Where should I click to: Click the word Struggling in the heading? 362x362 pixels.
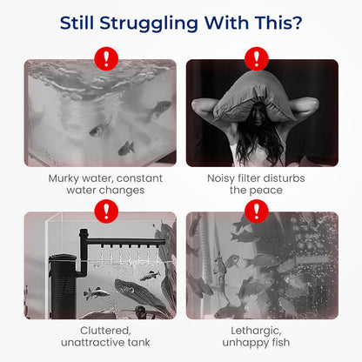point(149,23)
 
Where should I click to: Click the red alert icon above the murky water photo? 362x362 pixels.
point(106,59)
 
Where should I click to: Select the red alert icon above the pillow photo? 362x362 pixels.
point(257,59)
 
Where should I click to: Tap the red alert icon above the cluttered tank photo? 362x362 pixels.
point(106,211)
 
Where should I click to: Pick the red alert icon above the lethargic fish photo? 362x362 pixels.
point(257,211)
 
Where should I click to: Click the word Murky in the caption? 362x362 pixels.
point(64,178)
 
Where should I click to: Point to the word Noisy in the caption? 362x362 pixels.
point(221,179)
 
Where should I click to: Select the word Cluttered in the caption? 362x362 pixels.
point(105,331)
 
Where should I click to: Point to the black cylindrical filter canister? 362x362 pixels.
point(63,285)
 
